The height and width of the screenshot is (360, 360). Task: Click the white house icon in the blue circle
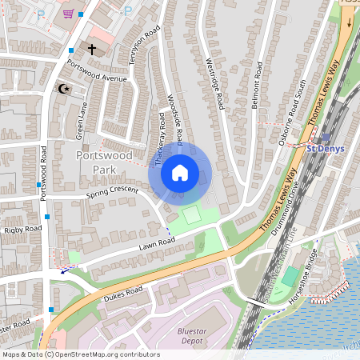point(180,172)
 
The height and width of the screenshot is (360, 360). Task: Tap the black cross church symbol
point(91,50)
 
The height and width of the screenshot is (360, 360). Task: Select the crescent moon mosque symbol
point(62,89)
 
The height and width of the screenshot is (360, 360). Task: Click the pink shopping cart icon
point(69,14)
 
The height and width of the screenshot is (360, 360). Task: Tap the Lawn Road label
point(155,242)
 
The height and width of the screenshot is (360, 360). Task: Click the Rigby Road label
point(22,230)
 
